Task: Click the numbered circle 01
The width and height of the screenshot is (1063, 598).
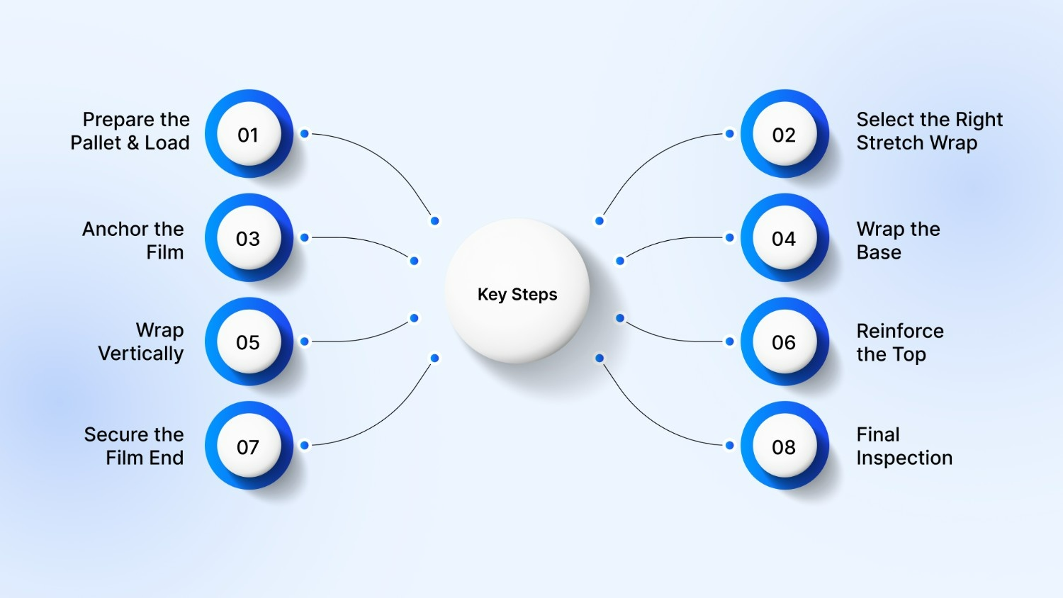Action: coord(248,135)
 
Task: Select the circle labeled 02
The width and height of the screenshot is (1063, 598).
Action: coord(784,135)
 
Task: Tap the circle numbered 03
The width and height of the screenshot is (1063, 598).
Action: coord(248,239)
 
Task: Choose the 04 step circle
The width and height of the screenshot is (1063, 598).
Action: coord(784,239)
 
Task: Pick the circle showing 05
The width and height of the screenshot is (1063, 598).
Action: coord(248,342)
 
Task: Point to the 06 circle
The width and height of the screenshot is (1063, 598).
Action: coord(784,342)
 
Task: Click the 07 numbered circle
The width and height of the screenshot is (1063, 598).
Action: coord(248,446)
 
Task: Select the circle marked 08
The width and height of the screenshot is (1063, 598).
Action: coord(784,446)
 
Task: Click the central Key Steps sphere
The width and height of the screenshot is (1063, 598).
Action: coord(517,292)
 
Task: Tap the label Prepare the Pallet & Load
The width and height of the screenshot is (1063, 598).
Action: coord(130,131)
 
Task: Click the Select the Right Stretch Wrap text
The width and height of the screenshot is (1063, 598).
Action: coord(929,131)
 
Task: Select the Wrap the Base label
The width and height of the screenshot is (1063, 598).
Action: coord(898,240)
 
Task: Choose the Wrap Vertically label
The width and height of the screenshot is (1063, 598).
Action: coord(141,342)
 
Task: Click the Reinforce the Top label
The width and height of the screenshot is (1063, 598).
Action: coord(899,342)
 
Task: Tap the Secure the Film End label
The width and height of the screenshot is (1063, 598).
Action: coord(134,446)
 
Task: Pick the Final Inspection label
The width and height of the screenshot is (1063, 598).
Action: coord(904,446)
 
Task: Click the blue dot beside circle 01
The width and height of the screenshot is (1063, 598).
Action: coord(304,133)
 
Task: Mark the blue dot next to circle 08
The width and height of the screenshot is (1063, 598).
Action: coord(729,445)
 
